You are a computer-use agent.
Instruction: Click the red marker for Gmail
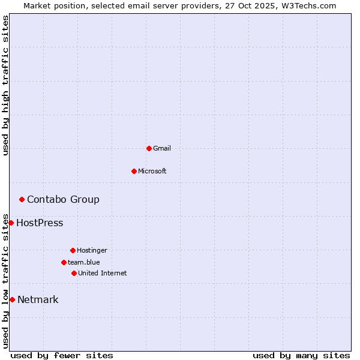(x=149, y=148)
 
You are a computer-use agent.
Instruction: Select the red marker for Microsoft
(x=134, y=171)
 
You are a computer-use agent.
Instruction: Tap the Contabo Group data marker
(x=22, y=199)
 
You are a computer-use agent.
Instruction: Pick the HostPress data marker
(x=11, y=223)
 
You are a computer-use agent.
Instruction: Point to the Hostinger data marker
(x=73, y=250)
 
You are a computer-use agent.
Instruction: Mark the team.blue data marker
(x=64, y=262)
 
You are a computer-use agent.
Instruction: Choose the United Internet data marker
(x=74, y=273)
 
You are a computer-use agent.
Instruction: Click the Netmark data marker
(x=12, y=299)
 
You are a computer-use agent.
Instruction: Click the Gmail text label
(x=162, y=148)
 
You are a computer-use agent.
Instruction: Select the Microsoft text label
(x=152, y=171)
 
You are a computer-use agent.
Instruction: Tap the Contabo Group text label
(x=63, y=199)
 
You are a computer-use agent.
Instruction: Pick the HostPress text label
(x=40, y=223)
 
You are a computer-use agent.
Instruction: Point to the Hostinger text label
(x=92, y=250)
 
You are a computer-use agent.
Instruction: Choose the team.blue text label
(x=84, y=262)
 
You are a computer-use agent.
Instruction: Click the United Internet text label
(x=103, y=273)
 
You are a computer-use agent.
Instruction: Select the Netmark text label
(x=38, y=300)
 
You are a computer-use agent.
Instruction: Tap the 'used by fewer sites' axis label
(x=62, y=355)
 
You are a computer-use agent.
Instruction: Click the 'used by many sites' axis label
(x=301, y=355)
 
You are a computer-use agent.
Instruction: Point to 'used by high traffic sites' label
(x=6, y=85)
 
